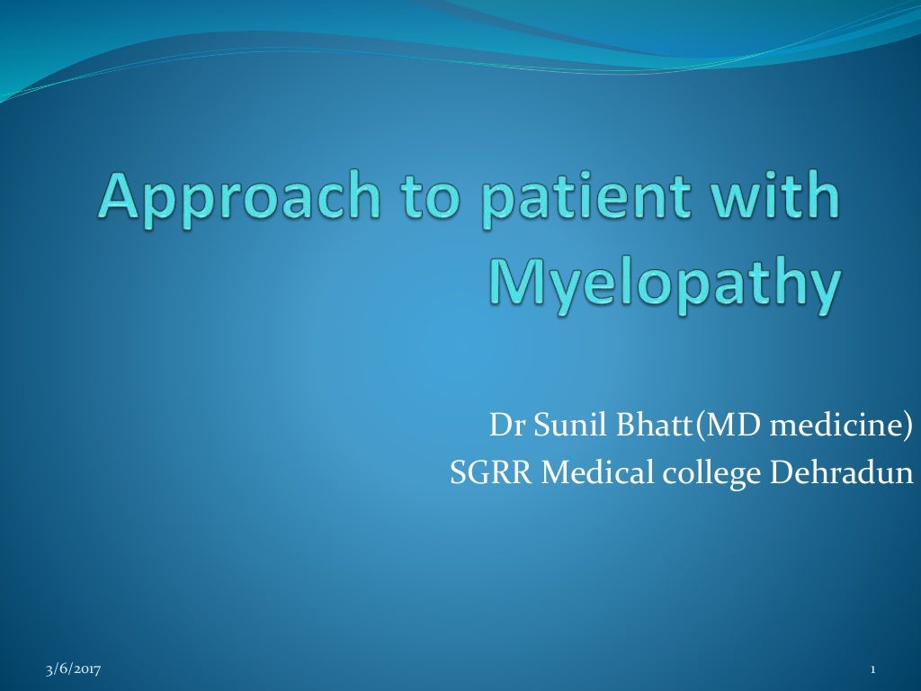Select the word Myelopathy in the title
coord(665,285)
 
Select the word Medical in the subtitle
coord(591,472)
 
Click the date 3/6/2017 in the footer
coord(73,669)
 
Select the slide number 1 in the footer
coord(872,669)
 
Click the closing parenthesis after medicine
coord(908,424)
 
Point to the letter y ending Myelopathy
coord(824,290)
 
